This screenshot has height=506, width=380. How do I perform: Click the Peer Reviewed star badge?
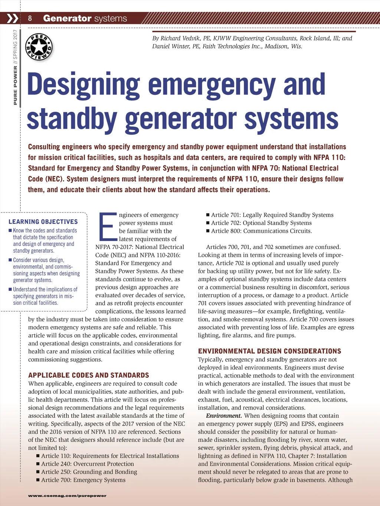tap(39, 47)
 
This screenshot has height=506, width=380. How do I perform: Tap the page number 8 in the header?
tap(30, 18)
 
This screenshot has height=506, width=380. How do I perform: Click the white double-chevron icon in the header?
tap(13, 18)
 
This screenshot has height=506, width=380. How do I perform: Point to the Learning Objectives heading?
tap(43, 222)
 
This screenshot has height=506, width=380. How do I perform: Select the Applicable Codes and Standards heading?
tap(89, 375)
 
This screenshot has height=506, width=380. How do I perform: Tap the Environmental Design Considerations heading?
tap(269, 351)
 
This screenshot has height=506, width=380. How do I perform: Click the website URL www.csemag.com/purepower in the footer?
tap(67, 496)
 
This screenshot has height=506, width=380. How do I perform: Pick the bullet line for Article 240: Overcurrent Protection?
tap(87, 464)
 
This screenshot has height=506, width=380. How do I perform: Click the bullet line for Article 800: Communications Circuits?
tap(261, 231)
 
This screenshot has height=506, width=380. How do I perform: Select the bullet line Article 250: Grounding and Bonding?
tap(89, 472)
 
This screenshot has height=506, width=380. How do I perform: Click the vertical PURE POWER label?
tap(15, 85)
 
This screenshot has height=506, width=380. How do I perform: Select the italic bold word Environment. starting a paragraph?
tap(224, 416)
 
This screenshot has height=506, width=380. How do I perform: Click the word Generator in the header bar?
tap(67, 18)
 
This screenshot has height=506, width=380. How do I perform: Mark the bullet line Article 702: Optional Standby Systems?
tap(261, 223)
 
